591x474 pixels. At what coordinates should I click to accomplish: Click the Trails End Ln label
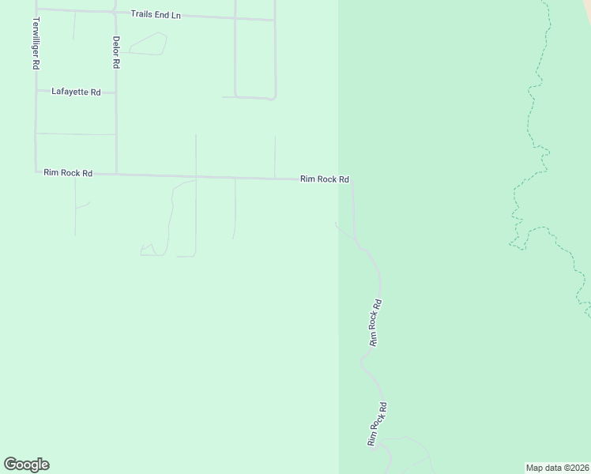[x=156, y=14]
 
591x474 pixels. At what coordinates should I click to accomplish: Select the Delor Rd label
[x=115, y=52]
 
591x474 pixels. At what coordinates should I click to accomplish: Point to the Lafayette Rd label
[x=76, y=92]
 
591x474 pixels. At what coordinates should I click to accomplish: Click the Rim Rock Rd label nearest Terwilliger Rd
[x=68, y=172]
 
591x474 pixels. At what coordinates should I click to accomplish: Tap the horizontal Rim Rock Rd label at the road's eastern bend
[x=324, y=179]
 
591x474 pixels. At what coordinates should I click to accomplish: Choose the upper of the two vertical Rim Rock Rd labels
[x=375, y=322]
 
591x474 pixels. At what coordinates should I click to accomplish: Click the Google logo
[x=26, y=465]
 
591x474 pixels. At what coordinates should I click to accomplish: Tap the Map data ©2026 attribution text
[x=557, y=468]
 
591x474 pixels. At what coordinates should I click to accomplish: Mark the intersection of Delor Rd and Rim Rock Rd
[x=116, y=173]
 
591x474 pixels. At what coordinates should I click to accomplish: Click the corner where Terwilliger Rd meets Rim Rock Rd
[x=36, y=171]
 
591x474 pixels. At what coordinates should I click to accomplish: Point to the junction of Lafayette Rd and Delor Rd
[x=115, y=92]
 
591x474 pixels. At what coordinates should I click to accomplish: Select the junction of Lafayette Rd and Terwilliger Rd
[x=36, y=91]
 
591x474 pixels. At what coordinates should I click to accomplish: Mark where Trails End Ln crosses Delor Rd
[x=115, y=12]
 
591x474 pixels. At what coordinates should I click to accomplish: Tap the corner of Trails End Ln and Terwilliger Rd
[x=36, y=9]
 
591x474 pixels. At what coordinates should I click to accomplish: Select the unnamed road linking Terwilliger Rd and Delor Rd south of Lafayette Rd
[x=76, y=134]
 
